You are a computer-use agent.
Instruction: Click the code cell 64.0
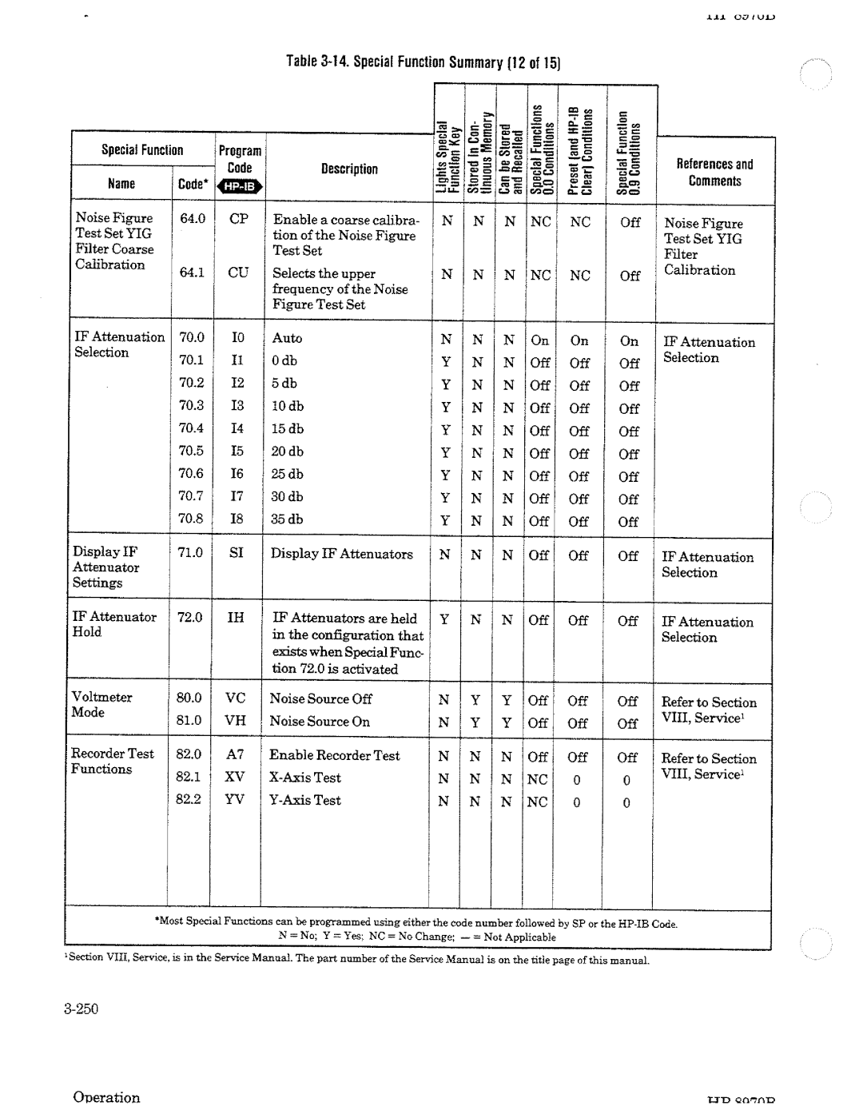point(192,218)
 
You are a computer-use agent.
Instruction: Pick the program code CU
point(238,273)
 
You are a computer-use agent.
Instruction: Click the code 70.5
point(191,452)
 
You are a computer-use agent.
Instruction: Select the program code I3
point(237,406)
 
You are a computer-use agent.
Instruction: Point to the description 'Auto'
point(287,338)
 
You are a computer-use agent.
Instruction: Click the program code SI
point(237,553)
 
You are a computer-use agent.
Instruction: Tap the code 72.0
point(189,617)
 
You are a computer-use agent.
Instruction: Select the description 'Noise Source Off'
point(320,698)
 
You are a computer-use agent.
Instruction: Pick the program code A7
point(235,754)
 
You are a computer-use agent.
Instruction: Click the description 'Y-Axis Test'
point(304,800)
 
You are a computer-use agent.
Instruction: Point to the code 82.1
point(188,777)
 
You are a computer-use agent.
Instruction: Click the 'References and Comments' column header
point(714,173)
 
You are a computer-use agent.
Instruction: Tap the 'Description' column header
point(349,169)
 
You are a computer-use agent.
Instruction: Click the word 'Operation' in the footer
point(106,1097)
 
